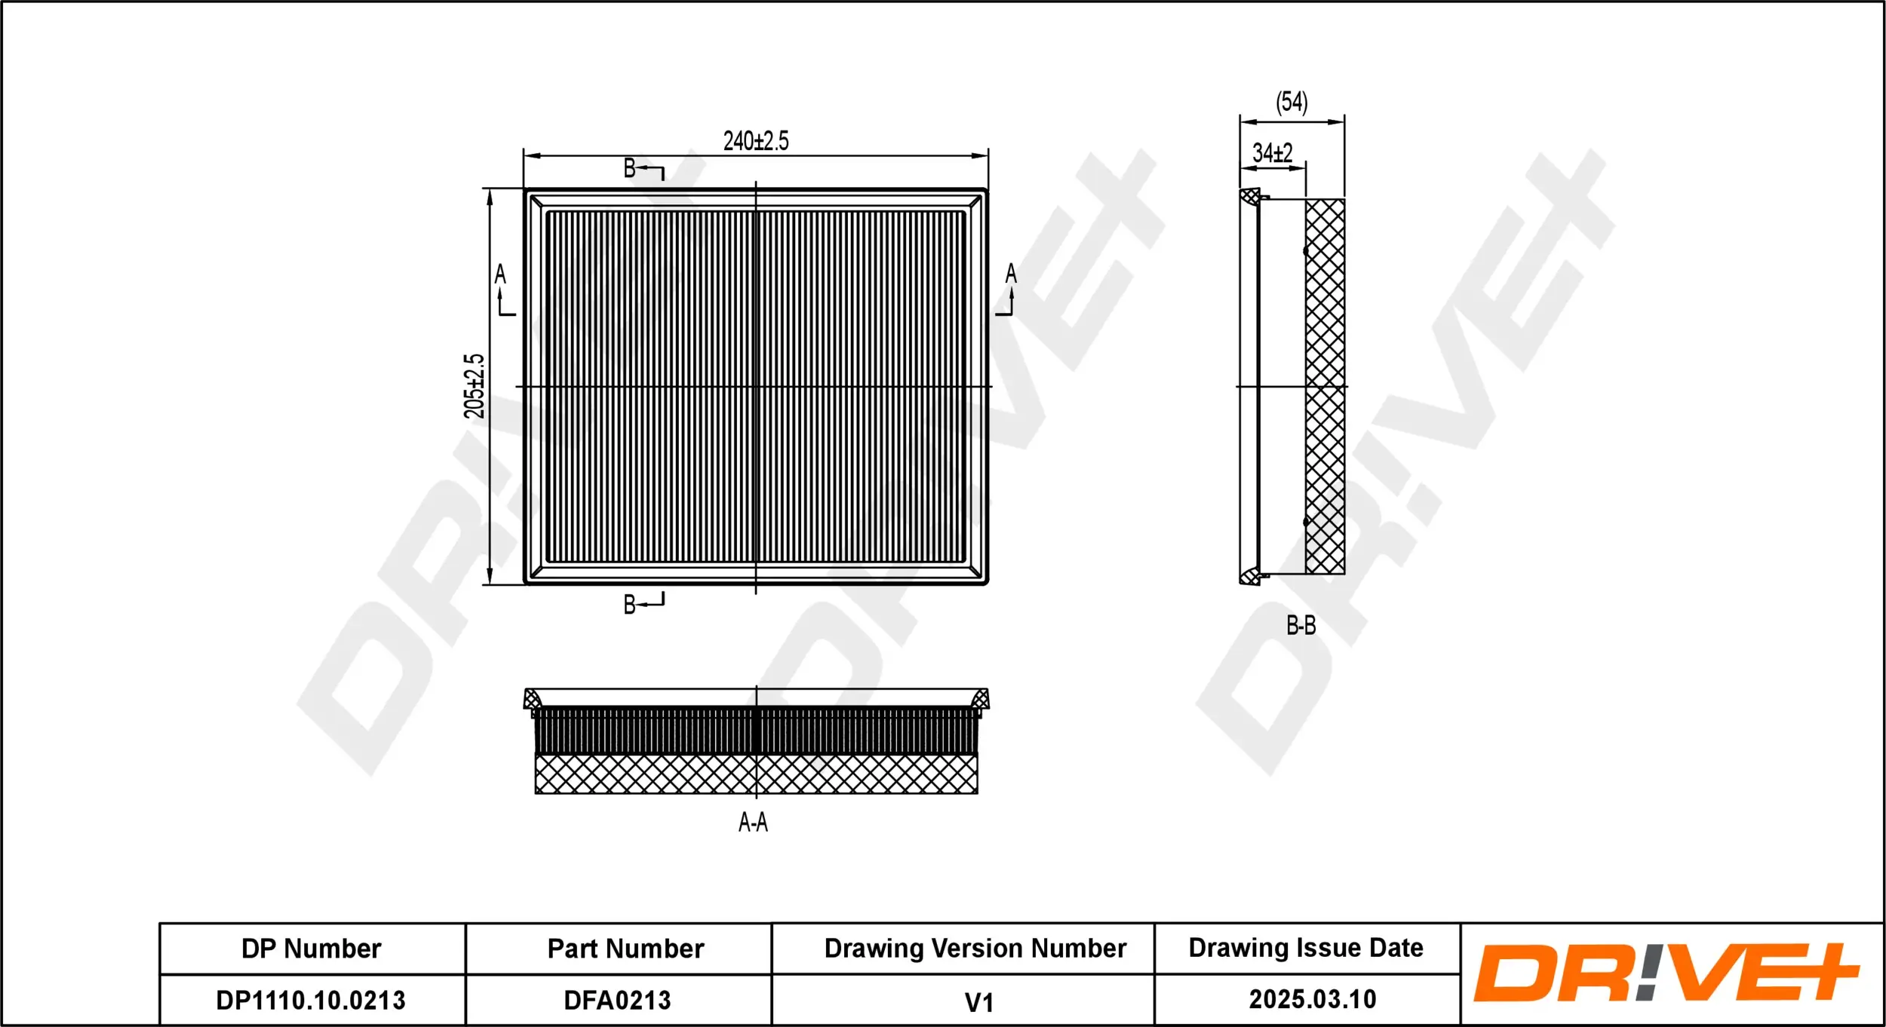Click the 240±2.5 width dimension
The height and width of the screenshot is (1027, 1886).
[755, 141]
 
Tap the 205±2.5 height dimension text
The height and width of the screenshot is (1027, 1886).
[474, 386]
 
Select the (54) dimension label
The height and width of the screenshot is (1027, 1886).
[1291, 103]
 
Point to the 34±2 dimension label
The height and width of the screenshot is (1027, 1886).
[1272, 153]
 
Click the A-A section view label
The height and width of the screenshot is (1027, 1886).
[753, 822]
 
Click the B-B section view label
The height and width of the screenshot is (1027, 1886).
[1301, 625]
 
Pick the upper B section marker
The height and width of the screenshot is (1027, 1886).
[630, 168]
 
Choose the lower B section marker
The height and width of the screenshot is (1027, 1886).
[630, 604]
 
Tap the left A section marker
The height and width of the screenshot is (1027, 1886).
[500, 274]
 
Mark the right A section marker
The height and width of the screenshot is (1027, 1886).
[1011, 274]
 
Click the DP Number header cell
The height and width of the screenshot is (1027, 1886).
[311, 949]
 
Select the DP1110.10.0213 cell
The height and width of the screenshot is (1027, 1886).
[311, 1000]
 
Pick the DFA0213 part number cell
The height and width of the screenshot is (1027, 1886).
[617, 1000]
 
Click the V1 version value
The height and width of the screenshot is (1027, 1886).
[978, 1002]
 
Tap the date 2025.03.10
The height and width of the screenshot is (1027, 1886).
[1312, 999]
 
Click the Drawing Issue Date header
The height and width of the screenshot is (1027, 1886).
[1306, 947]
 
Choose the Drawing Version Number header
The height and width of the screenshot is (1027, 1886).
[975, 948]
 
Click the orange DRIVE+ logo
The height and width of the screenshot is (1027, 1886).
[1666, 973]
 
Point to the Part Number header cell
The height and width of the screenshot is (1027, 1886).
[625, 949]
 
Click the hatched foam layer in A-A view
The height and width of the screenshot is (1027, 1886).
[756, 774]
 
